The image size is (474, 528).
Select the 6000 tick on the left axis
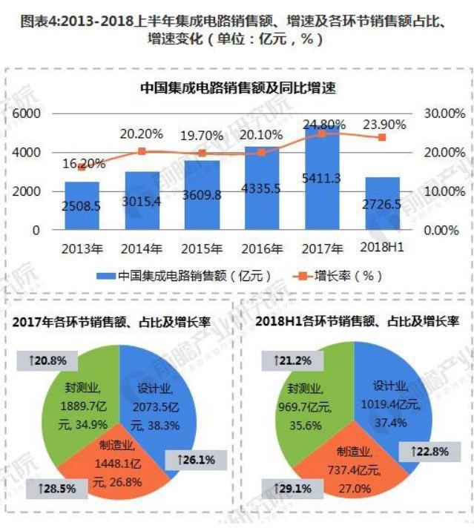[26, 113]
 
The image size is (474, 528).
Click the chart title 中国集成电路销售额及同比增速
[237, 88]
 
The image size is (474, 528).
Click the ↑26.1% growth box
[196, 460]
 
